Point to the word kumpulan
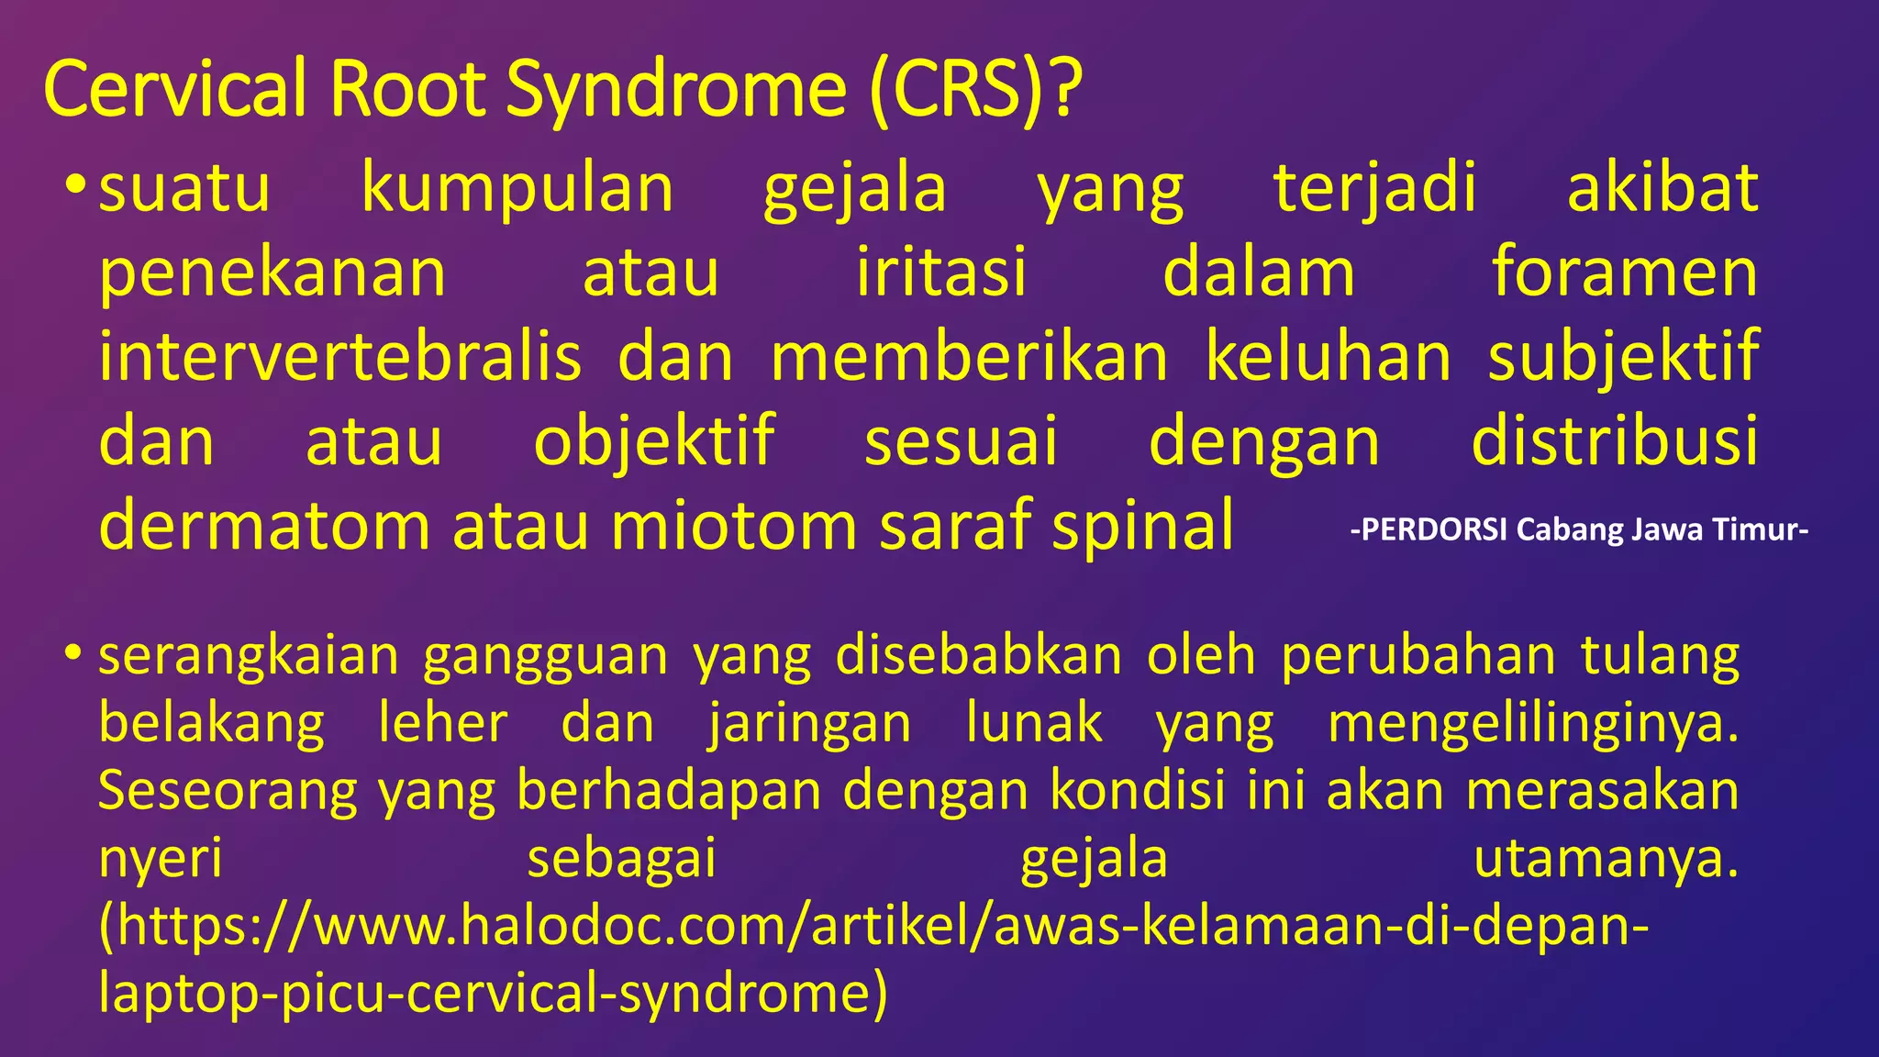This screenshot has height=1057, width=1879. (517, 188)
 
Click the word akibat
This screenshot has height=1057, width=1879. (1662, 188)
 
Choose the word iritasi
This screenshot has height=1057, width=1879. (940, 273)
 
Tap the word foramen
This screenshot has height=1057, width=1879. (1624, 273)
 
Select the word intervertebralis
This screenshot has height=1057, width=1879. (339, 357)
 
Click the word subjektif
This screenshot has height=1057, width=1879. (1622, 357)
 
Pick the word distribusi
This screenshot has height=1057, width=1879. (1614, 441)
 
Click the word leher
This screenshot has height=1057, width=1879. (442, 723)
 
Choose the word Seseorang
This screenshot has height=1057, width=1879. (228, 790)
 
